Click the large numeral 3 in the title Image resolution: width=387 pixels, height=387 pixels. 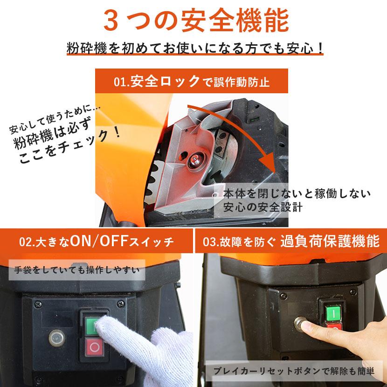point(111,21)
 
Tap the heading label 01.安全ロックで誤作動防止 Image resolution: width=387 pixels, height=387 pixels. point(192,81)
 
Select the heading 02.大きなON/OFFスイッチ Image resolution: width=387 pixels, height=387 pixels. point(97,241)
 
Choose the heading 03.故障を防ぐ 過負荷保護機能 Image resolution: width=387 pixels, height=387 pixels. point(291,241)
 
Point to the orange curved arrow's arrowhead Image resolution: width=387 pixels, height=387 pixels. point(270,163)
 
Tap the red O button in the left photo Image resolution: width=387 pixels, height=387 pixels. point(94,347)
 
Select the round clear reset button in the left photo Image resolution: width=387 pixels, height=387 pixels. point(57,337)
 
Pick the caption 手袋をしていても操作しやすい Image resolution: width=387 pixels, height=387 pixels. point(77,270)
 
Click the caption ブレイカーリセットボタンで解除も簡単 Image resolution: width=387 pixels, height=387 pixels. point(294,371)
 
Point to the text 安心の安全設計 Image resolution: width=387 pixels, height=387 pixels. point(263,207)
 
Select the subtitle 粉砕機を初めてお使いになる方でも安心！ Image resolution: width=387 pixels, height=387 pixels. point(195,48)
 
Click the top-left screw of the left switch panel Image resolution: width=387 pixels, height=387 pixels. point(38,304)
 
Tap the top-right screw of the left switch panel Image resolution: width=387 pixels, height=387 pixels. point(121,304)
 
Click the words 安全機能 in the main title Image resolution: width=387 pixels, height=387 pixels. point(235,21)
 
